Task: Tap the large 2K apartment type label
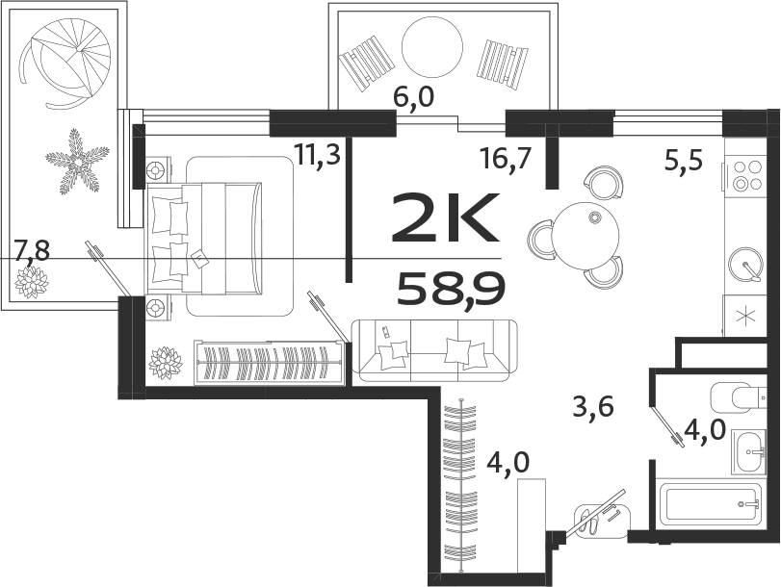pyautogui.click(x=445, y=219)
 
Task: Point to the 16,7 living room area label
pyautogui.click(x=506, y=157)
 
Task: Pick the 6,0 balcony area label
pyautogui.click(x=415, y=98)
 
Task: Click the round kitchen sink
pyautogui.click(x=744, y=262)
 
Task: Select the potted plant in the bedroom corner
pyautogui.click(x=166, y=363)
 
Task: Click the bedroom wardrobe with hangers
pyautogui.click(x=269, y=363)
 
